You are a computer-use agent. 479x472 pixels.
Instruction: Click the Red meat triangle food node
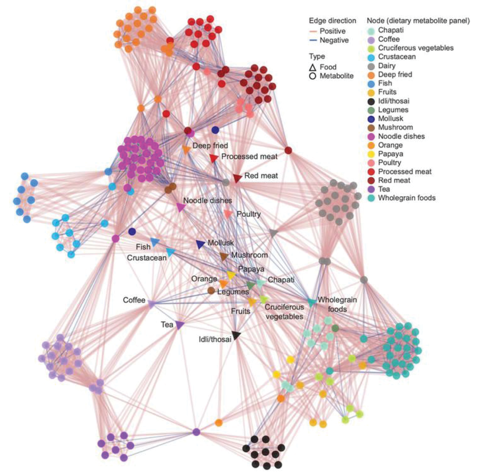point(237,178)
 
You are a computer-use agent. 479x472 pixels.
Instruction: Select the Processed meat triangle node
point(214,158)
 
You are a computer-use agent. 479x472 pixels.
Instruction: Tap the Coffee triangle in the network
point(151,303)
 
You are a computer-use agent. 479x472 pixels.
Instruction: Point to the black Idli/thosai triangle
point(236,335)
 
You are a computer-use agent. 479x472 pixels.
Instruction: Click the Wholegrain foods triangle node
point(311,302)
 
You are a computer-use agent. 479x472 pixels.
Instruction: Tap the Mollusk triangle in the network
point(200,244)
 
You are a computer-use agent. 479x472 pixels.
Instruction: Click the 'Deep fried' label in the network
point(210,146)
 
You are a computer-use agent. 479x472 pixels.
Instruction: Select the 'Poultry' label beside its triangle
point(249,214)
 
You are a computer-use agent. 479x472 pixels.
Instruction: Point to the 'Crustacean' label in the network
point(147,258)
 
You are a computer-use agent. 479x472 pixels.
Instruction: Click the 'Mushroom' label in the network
point(249,255)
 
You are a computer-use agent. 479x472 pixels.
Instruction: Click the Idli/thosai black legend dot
point(371,101)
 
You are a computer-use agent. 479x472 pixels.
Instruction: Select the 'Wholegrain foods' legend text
point(407,198)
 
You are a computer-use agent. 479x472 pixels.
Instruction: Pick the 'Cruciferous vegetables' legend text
point(416,48)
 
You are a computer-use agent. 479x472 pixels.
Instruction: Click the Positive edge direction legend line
point(313,32)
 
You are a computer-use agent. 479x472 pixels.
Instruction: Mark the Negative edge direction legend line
point(313,41)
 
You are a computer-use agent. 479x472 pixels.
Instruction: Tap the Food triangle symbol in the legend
point(312,68)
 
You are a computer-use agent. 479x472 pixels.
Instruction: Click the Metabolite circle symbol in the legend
point(312,76)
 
